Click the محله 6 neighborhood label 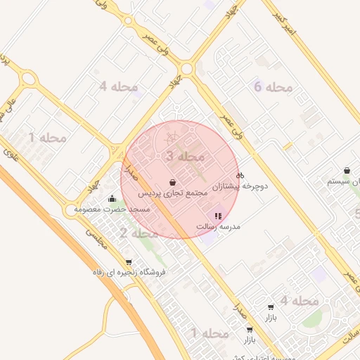click(272, 87)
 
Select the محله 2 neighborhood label click(139, 233)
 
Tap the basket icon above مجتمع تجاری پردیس click(172, 182)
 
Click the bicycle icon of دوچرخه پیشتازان click(240, 175)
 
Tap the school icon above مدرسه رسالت click(217, 216)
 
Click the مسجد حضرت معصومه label click(118, 210)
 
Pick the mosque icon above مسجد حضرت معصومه click(113, 198)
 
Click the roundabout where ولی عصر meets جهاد click(186, 69)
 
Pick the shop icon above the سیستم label click(347, 170)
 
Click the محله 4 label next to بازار click(300, 301)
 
